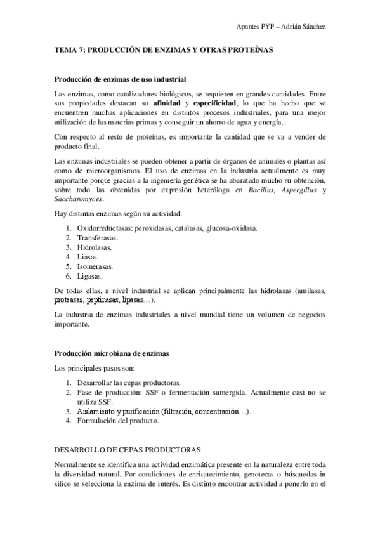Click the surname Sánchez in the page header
pos(313,26)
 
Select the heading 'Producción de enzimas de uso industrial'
pos(120,79)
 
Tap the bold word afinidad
pos(168,103)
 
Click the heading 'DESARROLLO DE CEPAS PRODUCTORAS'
pos(128,450)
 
